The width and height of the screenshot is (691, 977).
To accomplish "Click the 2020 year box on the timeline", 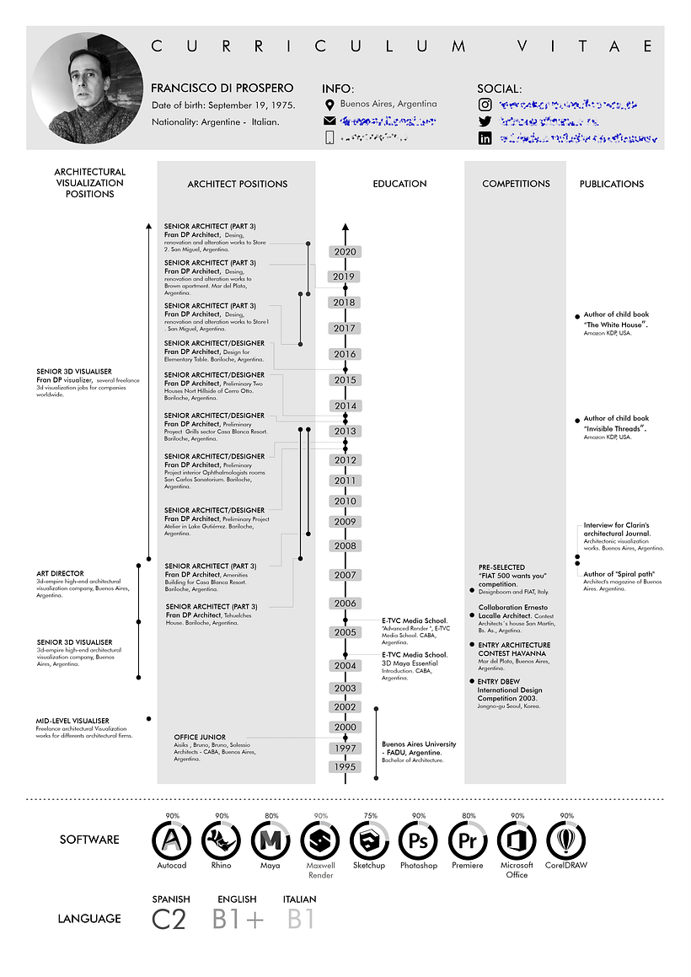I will (x=345, y=251).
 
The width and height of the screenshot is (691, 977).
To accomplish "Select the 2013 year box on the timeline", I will (x=345, y=432).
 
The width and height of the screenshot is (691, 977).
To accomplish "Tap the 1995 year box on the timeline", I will (x=345, y=767).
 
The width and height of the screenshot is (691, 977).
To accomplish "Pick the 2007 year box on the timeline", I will (x=345, y=575).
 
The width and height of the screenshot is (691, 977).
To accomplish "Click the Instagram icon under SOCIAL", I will (x=485, y=105).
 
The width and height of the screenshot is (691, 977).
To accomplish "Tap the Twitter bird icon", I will (x=485, y=121).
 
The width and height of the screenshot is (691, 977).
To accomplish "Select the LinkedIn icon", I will (x=485, y=138).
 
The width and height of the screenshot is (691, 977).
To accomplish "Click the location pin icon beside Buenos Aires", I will (x=329, y=105).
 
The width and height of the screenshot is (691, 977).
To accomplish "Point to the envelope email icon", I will (x=329, y=121).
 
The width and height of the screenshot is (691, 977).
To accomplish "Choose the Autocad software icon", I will (x=172, y=840).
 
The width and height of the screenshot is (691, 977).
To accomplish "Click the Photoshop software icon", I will (x=418, y=840).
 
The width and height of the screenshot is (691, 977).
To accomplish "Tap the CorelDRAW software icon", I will (x=566, y=840).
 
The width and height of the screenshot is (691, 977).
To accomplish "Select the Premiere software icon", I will (x=468, y=840).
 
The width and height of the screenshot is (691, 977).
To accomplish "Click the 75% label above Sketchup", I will (x=369, y=816).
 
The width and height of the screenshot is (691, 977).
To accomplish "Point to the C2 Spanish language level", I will (x=169, y=919).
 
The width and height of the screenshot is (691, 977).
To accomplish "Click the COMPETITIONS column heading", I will (x=516, y=184).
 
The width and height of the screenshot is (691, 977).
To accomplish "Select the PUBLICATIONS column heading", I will (x=611, y=184).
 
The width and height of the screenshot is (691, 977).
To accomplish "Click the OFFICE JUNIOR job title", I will (x=200, y=738).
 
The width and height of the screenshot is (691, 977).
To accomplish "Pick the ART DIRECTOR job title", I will (x=60, y=574).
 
